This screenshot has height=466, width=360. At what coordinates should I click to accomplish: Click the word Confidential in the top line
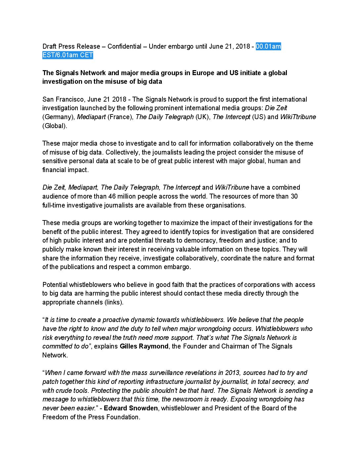click(x=124, y=46)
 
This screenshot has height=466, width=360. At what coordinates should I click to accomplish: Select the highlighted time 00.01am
click(x=268, y=46)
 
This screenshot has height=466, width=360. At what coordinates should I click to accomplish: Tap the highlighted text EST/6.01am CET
click(x=68, y=55)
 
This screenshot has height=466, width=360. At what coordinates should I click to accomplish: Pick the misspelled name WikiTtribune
click(x=298, y=117)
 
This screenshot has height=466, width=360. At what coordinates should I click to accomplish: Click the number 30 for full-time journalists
click(x=294, y=196)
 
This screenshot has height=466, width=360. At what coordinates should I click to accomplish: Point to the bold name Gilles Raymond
click(x=144, y=347)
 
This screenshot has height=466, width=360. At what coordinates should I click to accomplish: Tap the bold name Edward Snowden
click(x=131, y=408)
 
